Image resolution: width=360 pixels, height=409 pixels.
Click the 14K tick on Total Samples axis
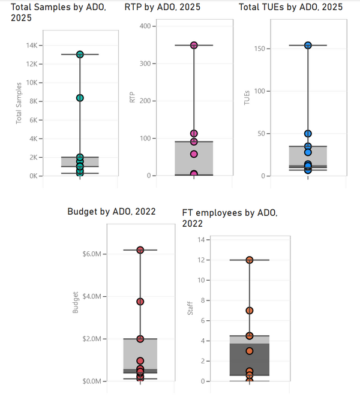coord(32,46)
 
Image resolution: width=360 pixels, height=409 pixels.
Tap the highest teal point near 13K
coord(80,55)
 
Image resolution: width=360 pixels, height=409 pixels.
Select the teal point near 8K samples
coord(80,98)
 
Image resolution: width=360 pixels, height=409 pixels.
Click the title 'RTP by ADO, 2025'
coord(163,7)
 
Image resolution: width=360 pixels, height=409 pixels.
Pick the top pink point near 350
coord(194,45)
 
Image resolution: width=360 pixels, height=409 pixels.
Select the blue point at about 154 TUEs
coord(308,45)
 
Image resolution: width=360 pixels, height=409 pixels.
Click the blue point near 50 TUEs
coord(308,134)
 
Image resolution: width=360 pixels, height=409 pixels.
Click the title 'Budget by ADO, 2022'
coord(112,211)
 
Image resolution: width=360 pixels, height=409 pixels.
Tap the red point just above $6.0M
coord(140,250)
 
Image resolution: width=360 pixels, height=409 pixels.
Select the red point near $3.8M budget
coord(140,302)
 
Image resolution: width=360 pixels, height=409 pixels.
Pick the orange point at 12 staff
coord(249,260)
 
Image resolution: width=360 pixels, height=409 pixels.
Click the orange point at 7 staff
coord(249,311)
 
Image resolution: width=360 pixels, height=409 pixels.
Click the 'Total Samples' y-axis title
coord(19,103)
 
